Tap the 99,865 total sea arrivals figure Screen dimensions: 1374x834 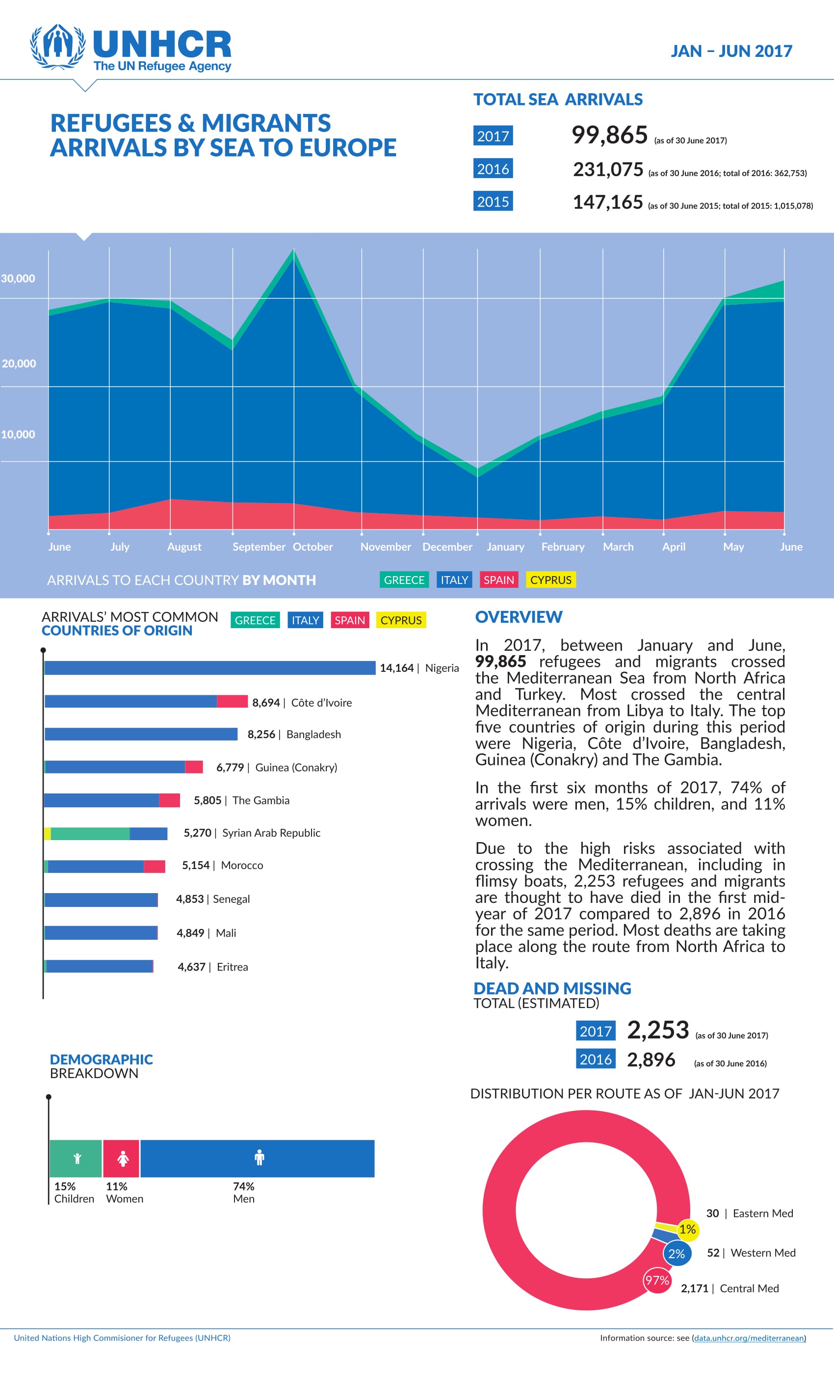[x=609, y=135]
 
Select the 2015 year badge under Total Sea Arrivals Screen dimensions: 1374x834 [x=493, y=201]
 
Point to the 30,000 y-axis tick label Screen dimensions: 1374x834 [x=18, y=278]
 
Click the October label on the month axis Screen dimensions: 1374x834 [x=313, y=547]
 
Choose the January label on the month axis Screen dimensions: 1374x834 [x=505, y=547]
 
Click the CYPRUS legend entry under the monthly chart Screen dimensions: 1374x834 [x=551, y=580]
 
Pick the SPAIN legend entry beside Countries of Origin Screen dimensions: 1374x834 [x=349, y=620]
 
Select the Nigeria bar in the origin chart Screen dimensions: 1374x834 [x=209, y=667]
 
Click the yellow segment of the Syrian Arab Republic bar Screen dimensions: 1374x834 [x=48, y=834]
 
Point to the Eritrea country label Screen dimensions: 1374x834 [x=233, y=967]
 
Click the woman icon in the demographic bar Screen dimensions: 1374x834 [x=123, y=1159]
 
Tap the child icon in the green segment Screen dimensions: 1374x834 [x=77, y=1159]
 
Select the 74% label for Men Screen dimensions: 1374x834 [x=244, y=1186]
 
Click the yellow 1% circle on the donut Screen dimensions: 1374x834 [x=687, y=1229]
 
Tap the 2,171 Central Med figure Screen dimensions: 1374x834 [x=694, y=1288]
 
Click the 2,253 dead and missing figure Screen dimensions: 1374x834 [x=658, y=1030]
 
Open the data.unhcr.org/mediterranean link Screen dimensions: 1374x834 [x=749, y=1338]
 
